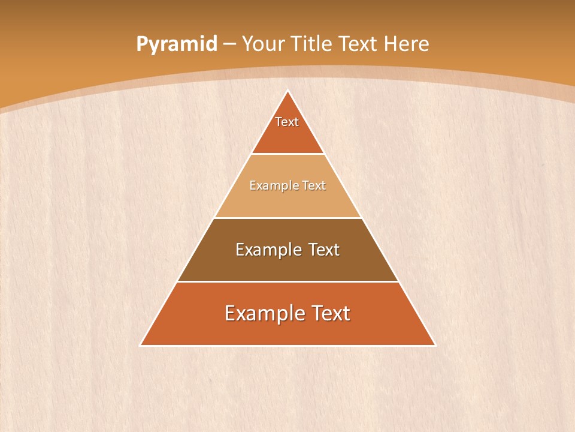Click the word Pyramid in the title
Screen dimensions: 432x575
point(177,44)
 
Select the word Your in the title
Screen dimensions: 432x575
point(264,44)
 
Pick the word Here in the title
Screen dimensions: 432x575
point(407,44)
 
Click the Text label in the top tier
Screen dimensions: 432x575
point(287,122)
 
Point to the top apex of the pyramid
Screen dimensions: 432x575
point(287,91)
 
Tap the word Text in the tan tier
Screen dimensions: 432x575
point(314,185)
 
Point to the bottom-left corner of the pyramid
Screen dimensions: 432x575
point(141,345)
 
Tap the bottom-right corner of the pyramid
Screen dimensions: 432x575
point(435,345)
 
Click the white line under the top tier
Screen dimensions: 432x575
point(287,154)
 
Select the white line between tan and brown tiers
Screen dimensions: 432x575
point(287,218)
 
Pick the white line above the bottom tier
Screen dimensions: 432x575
point(287,281)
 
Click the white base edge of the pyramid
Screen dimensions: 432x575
point(287,346)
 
